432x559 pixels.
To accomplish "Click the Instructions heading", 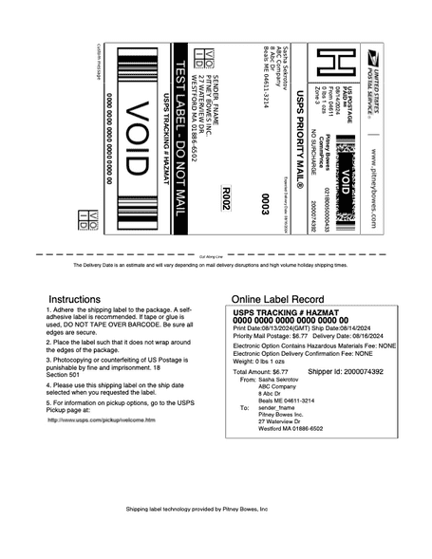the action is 75,298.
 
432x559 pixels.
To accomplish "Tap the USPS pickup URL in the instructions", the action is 101,419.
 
